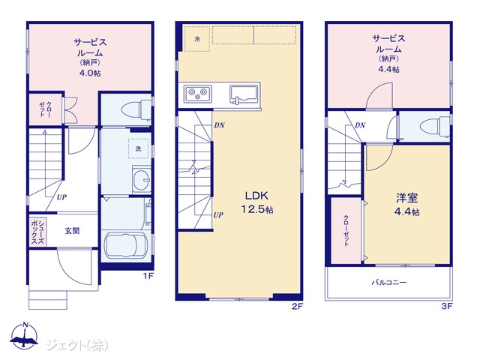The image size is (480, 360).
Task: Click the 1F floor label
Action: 148,276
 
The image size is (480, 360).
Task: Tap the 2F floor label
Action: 297,306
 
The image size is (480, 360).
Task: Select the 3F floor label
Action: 447,306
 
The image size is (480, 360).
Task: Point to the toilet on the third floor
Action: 435,126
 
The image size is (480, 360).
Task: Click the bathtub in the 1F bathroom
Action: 125,245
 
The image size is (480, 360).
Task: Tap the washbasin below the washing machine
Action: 142,179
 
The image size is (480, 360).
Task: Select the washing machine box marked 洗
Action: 138,148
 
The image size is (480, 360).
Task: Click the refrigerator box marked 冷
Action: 197,39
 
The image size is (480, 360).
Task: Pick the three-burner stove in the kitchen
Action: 197,94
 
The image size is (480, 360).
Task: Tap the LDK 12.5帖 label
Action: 257,202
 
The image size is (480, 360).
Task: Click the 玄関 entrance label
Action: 72,230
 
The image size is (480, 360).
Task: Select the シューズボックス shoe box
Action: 38,231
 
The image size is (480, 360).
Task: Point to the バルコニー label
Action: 388,282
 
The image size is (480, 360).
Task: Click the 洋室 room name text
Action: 406,198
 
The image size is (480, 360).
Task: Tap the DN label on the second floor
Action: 219,125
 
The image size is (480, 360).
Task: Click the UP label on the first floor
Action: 61,197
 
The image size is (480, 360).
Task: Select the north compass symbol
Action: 24,335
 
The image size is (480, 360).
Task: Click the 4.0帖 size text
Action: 89,73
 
